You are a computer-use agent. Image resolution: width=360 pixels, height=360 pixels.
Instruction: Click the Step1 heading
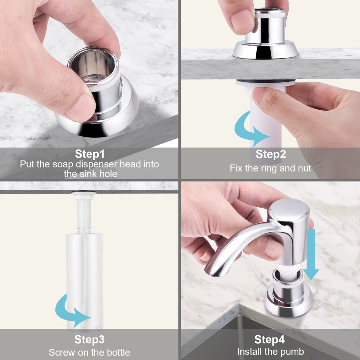(x=90, y=154)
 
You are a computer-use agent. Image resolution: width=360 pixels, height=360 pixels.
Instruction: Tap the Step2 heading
(x=271, y=154)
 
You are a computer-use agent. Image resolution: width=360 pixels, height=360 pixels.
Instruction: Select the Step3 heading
(x=89, y=339)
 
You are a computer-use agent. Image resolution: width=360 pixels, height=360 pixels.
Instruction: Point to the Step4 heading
(x=269, y=339)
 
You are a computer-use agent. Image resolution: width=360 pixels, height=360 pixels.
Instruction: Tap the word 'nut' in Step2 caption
(x=304, y=168)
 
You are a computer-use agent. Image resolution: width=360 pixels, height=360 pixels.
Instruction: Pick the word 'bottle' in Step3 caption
(x=117, y=352)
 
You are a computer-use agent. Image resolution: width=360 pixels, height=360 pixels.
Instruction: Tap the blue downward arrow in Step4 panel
(x=311, y=255)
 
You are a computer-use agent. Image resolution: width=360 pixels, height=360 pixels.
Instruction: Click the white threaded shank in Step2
(x=266, y=119)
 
